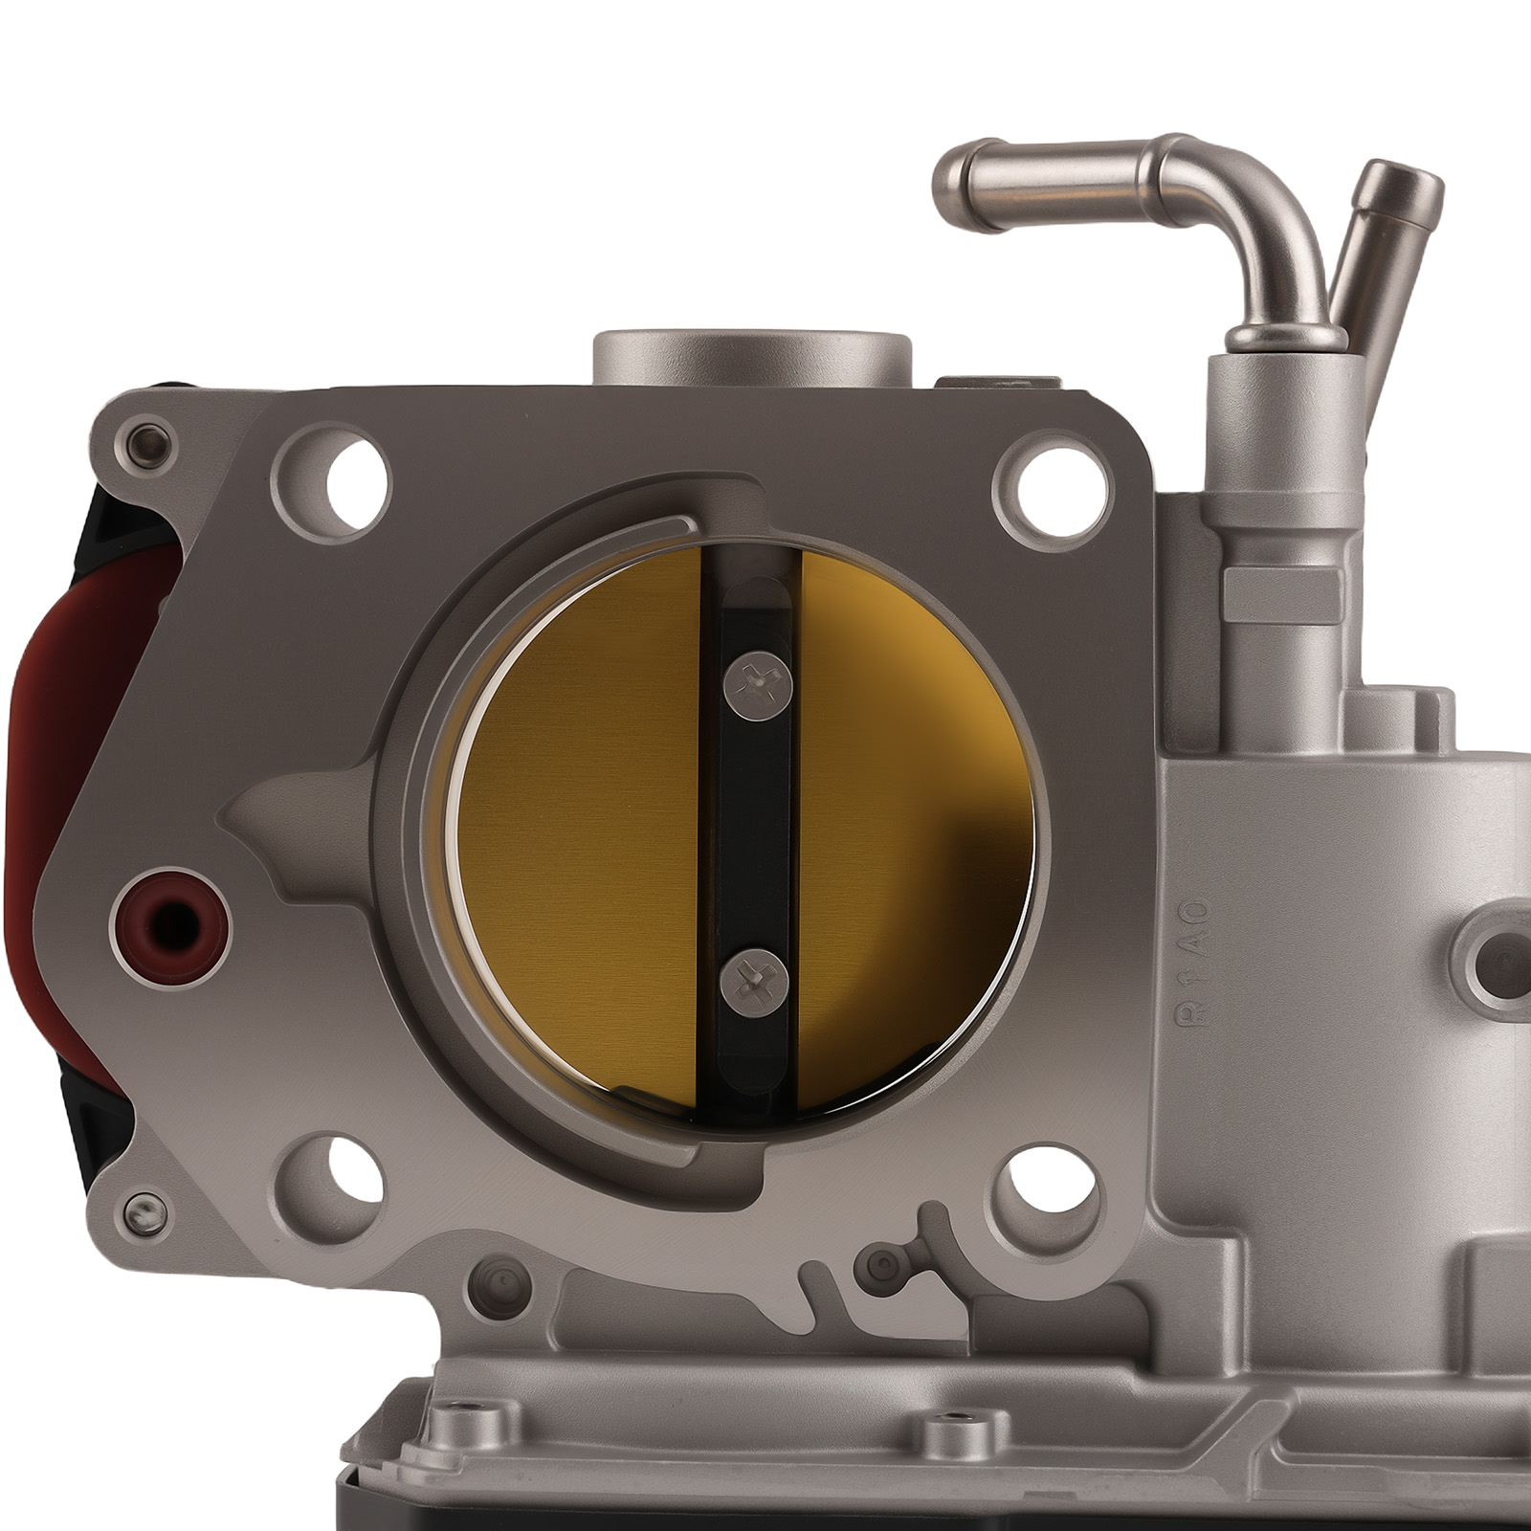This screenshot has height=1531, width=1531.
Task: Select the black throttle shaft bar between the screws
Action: coord(755,832)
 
